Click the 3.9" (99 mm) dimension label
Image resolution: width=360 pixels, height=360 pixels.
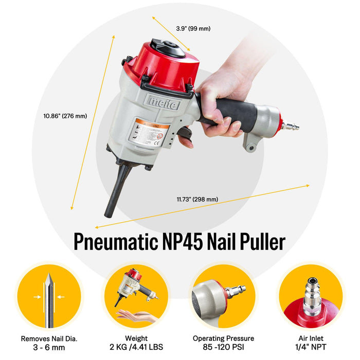click(193, 29)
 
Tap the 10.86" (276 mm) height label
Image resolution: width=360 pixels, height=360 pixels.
click(65, 116)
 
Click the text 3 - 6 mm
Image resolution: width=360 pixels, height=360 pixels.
click(50, 347)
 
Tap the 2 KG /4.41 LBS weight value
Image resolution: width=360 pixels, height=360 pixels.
click(136, 347)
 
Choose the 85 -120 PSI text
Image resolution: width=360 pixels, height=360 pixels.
click(223, 347)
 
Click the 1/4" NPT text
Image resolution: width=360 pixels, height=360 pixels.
click(311, 347)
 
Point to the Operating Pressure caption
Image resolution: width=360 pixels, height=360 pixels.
click(223, 338)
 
